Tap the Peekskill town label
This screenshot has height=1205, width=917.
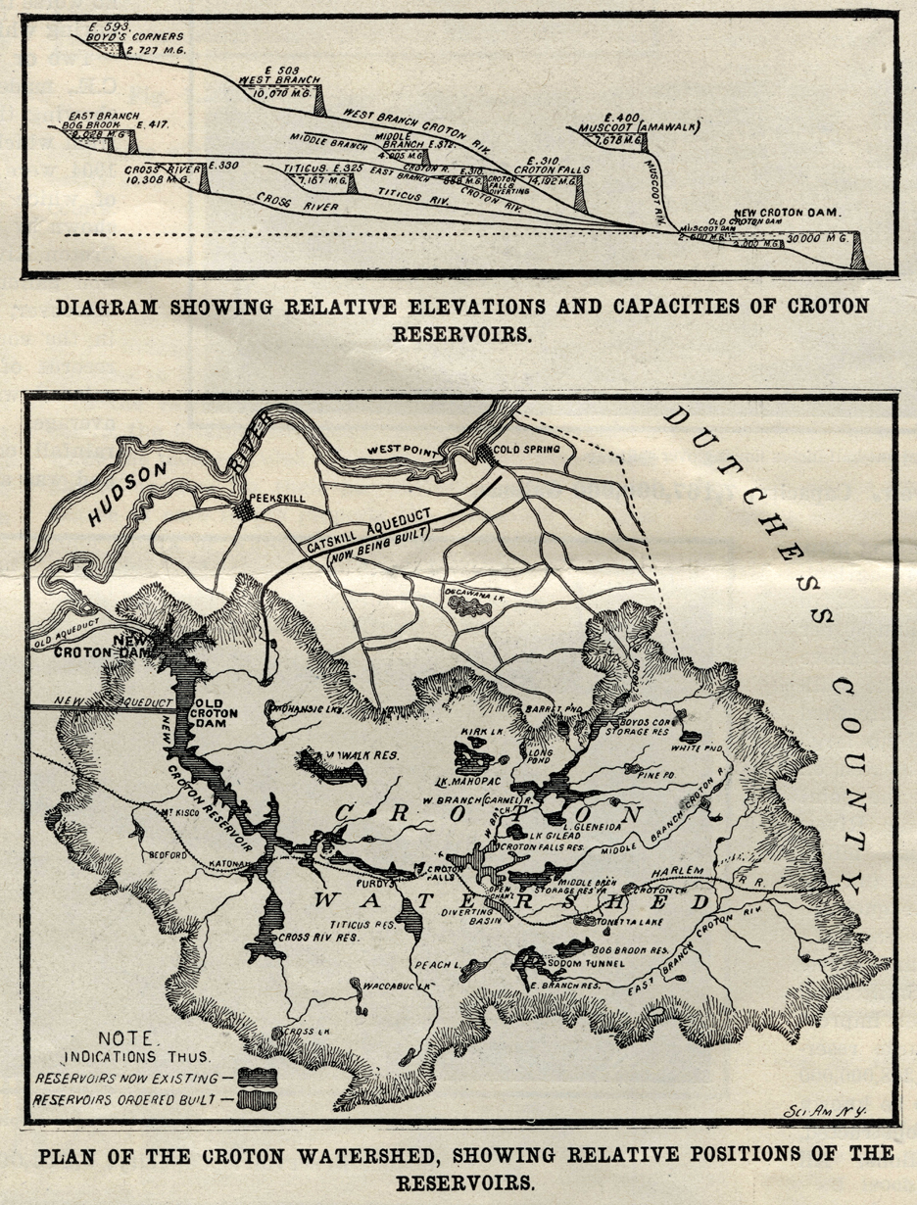[x=278, y=499]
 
